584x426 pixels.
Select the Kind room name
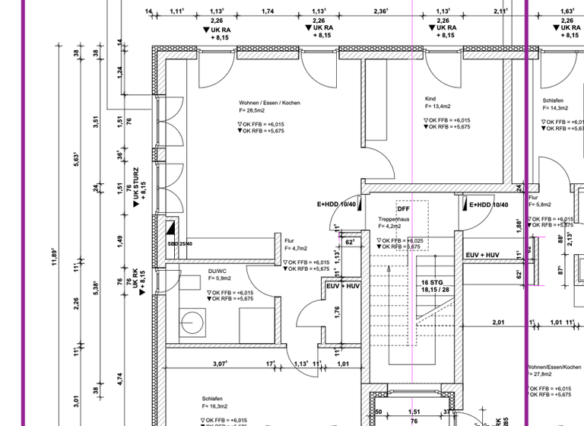coord(431,99)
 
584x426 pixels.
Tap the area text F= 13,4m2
coord(438,107)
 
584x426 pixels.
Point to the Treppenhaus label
coord(394,219)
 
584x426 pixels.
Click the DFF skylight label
coord(403,208)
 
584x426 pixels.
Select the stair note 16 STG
coord(433,282)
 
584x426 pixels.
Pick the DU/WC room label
coord(217,272)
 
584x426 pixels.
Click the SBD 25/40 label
coord(179,244)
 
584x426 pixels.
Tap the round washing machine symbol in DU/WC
coord(191,323)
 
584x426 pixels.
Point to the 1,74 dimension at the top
coord(268,11)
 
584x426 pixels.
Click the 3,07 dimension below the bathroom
coord(220,364)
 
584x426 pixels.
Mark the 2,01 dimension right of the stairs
coord(498,323)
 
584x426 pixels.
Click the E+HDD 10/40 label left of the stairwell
coord(337,205)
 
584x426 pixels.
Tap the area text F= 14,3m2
coord(557,108)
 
